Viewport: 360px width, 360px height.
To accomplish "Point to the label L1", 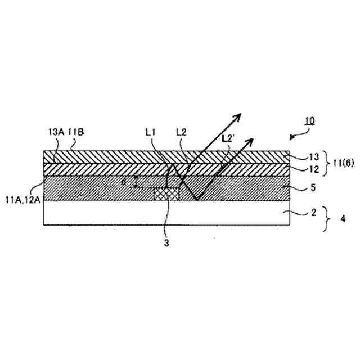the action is [x=150, y=133].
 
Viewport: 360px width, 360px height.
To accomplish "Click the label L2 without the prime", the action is [x=181, y=133].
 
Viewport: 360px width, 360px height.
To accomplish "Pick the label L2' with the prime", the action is [x=228, y=138].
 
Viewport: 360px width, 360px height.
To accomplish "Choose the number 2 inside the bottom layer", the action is [x=298, y=213].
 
